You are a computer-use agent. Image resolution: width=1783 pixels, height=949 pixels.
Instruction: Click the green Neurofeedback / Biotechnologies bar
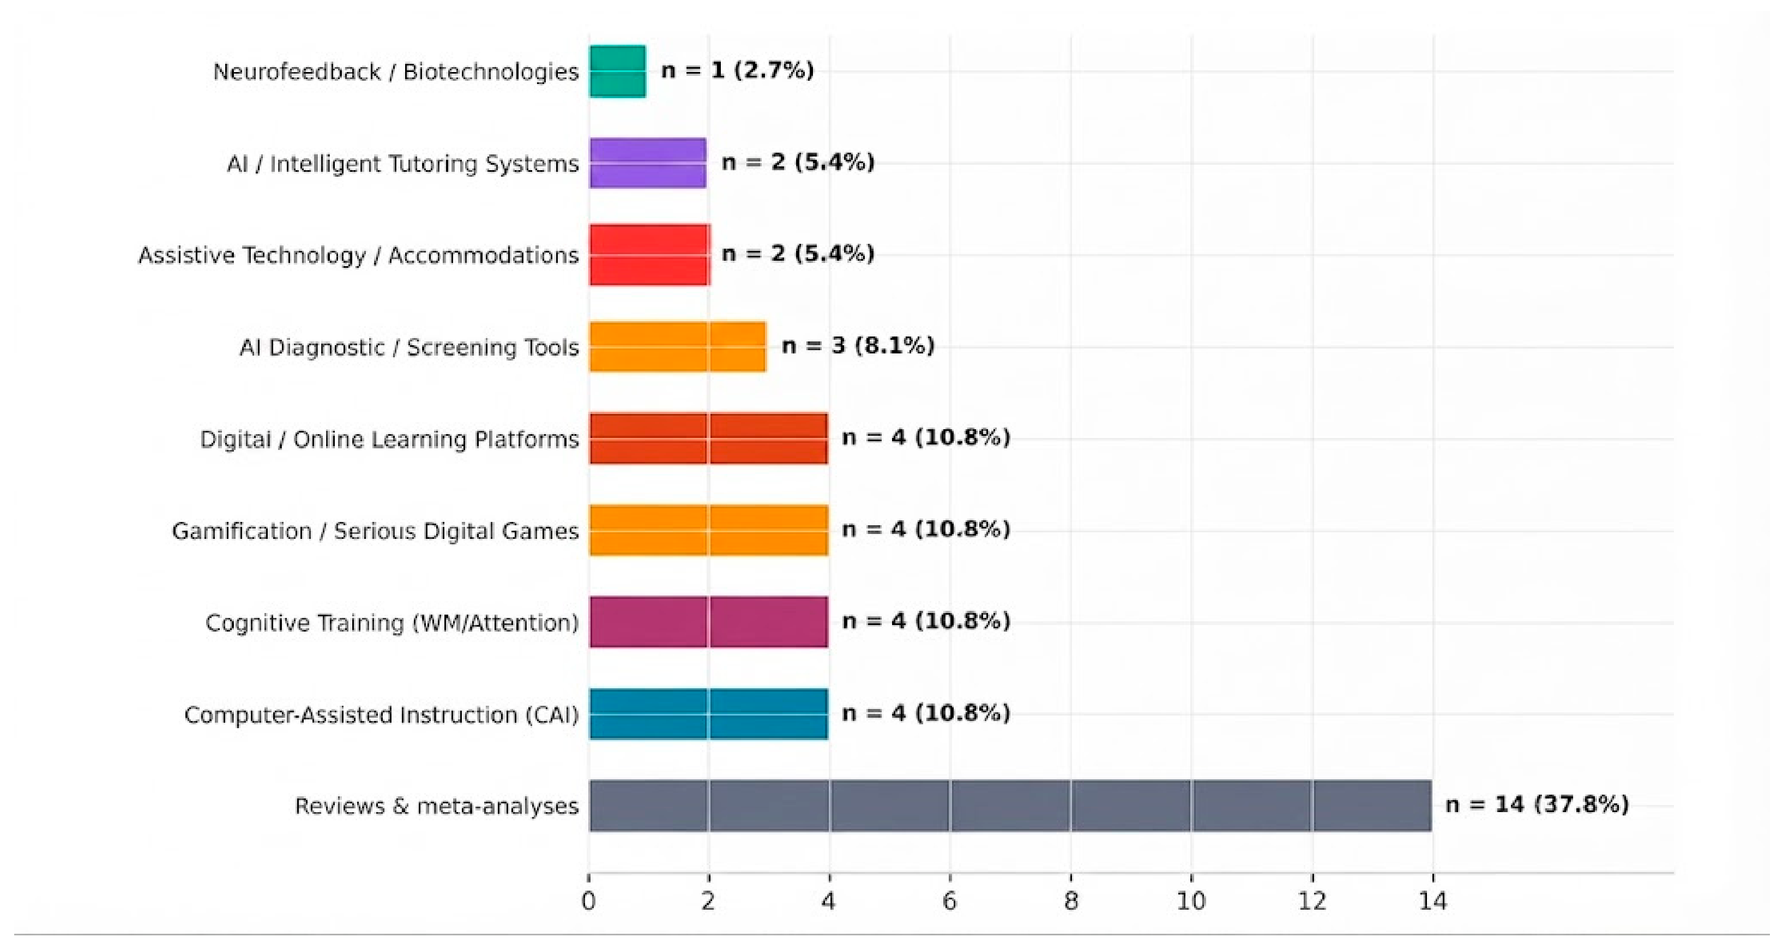tap(617, 71)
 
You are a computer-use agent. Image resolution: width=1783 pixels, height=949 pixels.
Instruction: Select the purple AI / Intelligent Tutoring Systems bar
tap(648, 163)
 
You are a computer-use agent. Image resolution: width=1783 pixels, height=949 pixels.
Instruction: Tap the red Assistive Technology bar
tap(650, 255)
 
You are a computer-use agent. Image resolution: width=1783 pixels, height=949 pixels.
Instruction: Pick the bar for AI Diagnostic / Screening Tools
tap(678, 346)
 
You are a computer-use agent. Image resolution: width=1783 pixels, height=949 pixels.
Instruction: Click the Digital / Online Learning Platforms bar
tap(709, 438)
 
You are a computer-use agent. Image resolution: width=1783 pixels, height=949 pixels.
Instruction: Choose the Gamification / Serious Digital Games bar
tap(709, 530)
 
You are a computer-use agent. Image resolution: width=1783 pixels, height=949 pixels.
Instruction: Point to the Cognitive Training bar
tap(709, 622)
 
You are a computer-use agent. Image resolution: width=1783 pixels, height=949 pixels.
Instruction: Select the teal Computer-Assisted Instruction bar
tap(709, 713)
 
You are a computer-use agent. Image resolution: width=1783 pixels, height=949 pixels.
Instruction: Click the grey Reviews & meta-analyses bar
tap(1010, 806)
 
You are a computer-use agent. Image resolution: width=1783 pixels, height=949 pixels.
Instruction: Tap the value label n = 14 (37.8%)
tap(1537, 804)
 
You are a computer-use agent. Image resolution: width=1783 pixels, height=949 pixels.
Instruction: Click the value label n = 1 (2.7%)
tap(738, 70)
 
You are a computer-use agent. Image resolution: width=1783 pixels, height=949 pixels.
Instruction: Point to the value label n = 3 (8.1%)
tap(858, 345)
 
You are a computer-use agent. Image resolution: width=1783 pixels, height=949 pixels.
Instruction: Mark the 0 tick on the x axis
tap(588, 900)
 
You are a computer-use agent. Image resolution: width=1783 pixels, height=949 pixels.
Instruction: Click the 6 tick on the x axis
tap(950, 900)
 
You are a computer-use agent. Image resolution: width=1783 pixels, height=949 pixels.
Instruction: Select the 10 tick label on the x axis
tap(1191, 900)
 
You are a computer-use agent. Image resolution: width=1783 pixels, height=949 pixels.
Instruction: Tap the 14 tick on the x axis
tap(1433, 900)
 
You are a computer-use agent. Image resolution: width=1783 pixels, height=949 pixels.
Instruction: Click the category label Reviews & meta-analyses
tap(437, 806)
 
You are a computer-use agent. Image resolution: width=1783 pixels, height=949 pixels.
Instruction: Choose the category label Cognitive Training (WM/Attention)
tap(391, 622)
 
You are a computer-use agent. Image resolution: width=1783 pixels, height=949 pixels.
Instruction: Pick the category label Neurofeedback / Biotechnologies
tap(396, 71)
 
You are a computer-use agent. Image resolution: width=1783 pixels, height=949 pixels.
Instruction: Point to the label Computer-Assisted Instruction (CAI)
tap(381, 714)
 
